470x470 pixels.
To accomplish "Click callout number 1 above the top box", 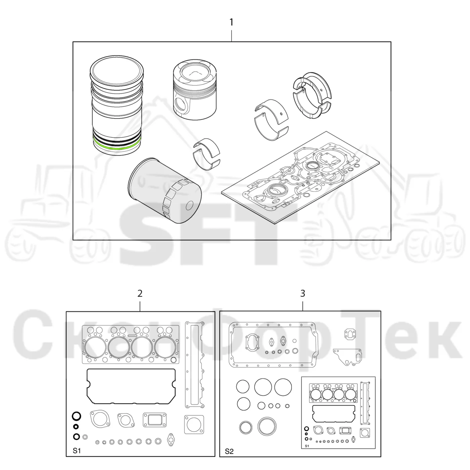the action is [231, 22].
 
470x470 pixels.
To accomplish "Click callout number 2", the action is [140, 293].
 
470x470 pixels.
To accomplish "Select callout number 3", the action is [303, 293].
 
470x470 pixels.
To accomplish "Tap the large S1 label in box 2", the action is [77, 451].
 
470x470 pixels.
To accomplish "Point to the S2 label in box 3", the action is [229, 452].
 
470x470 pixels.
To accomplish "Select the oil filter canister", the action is [164, 191].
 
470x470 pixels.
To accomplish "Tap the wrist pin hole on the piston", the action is [181, 105].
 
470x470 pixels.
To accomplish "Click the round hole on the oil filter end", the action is [190, 205].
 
